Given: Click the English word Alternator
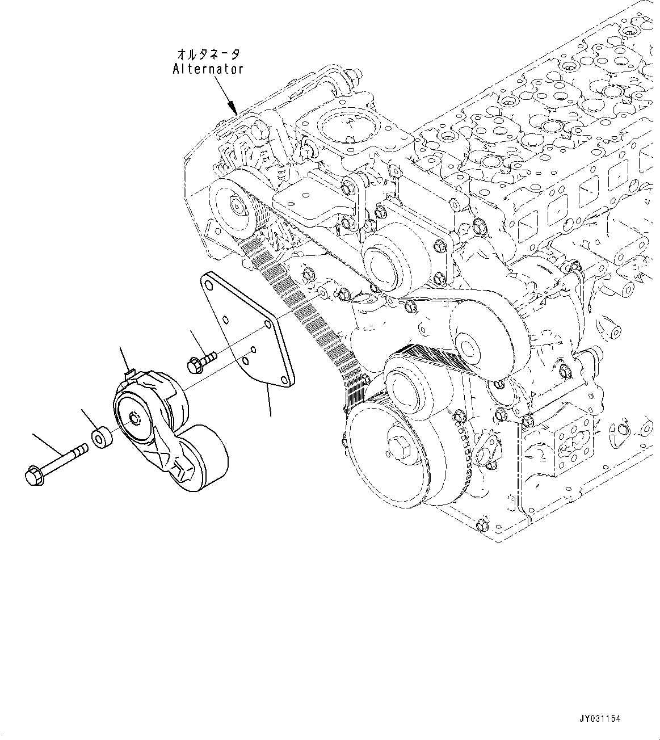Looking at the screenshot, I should point(208,69).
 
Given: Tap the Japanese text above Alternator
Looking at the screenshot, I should point(208,54).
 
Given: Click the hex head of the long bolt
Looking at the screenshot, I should point(33,475).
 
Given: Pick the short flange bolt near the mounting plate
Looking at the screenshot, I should point(201,362).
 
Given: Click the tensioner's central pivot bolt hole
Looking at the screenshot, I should point(134,419).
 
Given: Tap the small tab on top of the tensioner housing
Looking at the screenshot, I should point(129,375).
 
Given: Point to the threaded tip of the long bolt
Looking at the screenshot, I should point(83,449).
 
